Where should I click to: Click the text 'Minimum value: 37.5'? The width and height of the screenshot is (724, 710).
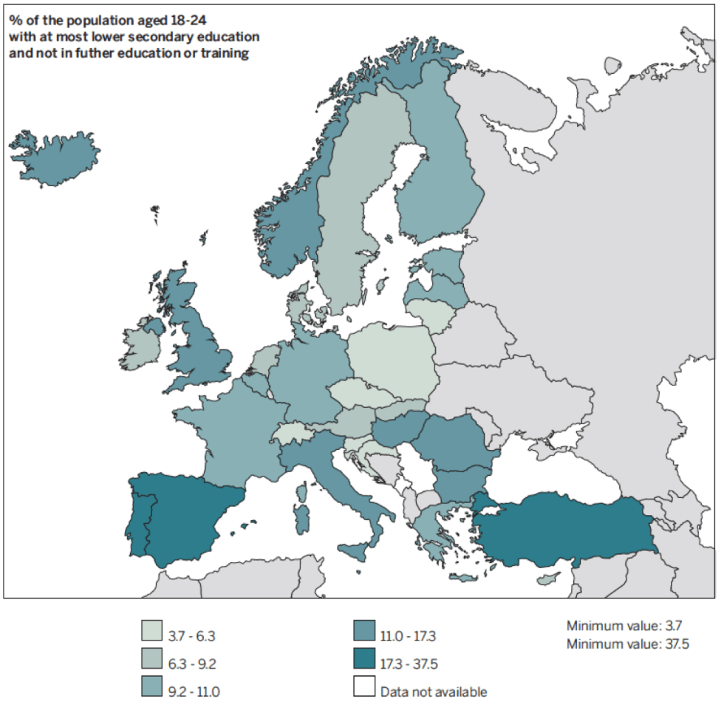[x=627, y=644]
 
